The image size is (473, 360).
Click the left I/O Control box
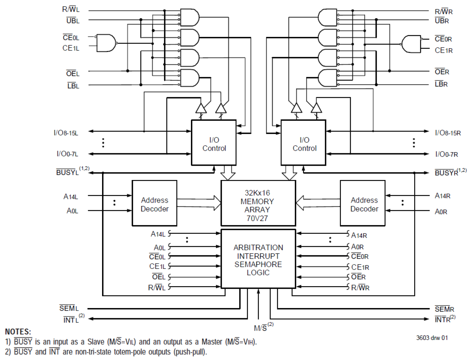pos(214,143)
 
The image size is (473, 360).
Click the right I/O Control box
pos(304,143)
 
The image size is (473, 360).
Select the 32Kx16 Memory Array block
pos(258,203)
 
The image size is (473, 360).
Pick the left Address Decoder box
pos(154,204)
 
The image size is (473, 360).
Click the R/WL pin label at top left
pos(71,9)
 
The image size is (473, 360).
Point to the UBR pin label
pos(442,21)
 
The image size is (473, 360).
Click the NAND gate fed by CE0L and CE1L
pos(106,43)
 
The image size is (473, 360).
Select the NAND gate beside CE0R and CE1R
pos(411,44)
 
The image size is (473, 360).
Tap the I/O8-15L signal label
pos(66,133)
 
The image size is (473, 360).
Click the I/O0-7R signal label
pos(447,154)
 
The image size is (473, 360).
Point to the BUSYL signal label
pos(68,172)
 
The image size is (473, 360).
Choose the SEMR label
pos(444,309)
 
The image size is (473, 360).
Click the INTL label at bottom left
pos(71,320)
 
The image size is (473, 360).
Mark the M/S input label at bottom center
pos(261,328)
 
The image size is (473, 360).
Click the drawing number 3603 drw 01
pos(432,338)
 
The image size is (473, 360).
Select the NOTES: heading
pos(18,332)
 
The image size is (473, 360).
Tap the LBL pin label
pos(73,86)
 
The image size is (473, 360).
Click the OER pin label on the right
pos(442,72)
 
